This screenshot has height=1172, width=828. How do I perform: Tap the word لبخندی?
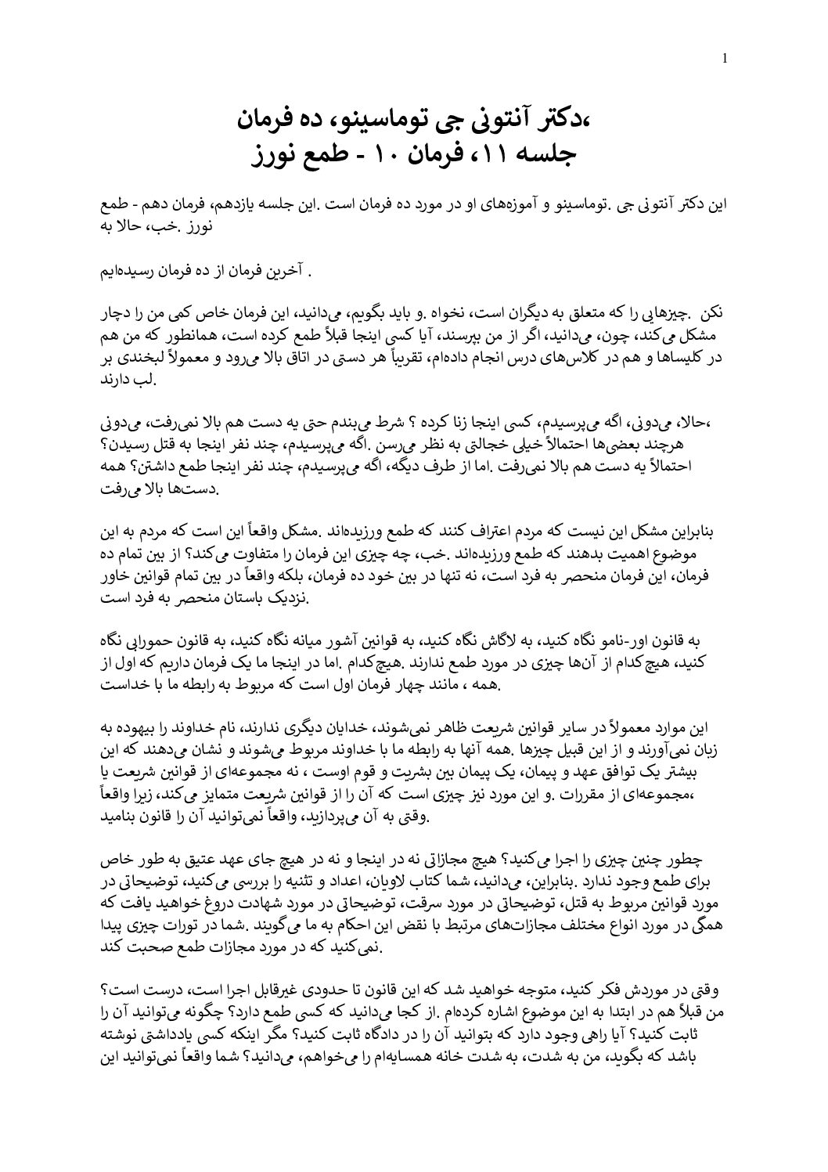(141, 357)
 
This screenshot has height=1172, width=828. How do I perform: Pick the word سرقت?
(449, 902)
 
